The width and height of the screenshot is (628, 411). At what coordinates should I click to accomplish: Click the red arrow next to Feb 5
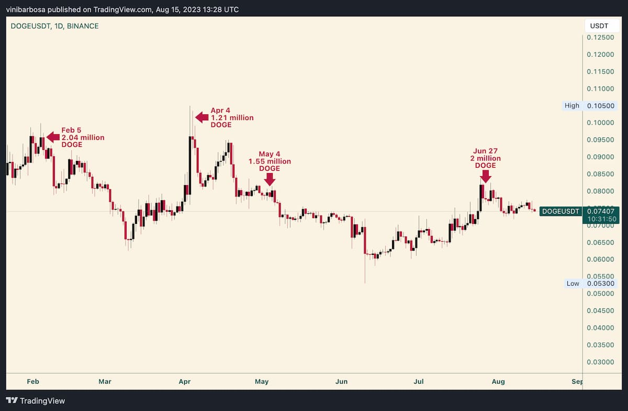pos(53,137)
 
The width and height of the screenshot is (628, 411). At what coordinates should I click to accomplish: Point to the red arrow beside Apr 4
pos(201,117)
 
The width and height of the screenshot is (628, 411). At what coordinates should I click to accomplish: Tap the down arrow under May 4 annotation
pos(270,179)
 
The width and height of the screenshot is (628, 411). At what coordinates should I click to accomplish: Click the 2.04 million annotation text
pos(83,137)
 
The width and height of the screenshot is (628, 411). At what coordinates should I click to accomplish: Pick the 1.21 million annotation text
pos(232,118)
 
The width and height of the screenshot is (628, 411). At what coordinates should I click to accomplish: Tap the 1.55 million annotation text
pos(270,161)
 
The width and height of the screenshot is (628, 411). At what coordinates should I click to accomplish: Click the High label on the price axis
pos(572,105)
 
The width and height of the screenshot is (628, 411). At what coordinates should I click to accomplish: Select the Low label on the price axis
pos(573,283)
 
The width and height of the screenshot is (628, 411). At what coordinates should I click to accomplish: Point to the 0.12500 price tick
pos(600,38)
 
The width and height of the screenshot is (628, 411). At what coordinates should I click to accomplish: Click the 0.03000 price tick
pos(600,362)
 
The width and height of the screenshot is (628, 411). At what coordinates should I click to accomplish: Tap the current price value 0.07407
pos(600,211)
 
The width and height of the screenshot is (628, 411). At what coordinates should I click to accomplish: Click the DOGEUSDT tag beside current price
pos(560,211)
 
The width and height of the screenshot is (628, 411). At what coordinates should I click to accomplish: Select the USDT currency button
pos(599,26)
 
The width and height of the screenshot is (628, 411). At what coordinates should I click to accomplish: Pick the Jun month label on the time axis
pos(341,382)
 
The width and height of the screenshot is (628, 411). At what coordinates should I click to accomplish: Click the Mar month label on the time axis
pos(106,382)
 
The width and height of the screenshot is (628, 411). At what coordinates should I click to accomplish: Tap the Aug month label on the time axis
pos(498,382)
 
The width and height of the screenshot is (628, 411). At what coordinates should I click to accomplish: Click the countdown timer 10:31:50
pos(600,219)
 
